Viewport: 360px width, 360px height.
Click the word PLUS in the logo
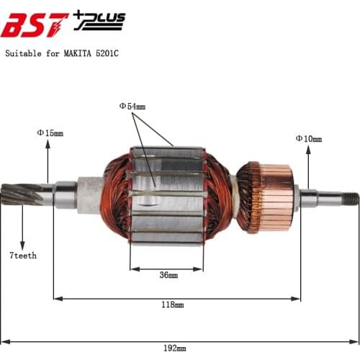click(103, 17)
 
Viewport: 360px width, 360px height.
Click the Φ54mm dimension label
click(132, 106)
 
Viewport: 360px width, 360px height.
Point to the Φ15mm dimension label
click(50, 132)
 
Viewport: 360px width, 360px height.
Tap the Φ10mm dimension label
click(308, 138)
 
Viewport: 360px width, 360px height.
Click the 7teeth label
click(23, 255)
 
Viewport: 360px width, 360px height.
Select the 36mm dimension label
click(168, 276)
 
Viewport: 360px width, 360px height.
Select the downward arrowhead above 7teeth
click(23, 245)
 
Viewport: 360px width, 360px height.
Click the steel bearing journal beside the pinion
click(64, 194)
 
